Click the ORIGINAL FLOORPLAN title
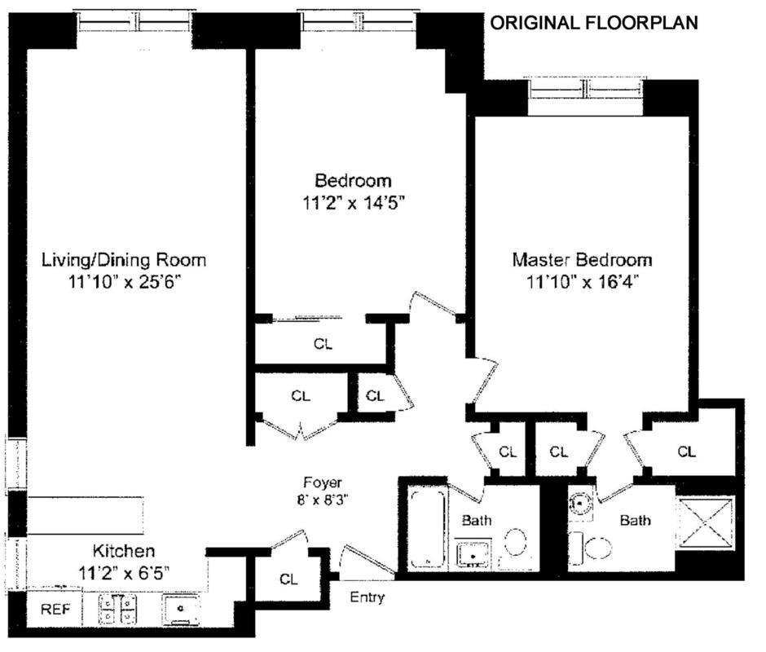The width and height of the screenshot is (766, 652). pyautogui.click(x=594, y=23)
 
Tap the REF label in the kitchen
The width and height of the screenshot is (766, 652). pyautogui.click(x=55, y=609)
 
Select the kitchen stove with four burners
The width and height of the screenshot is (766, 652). pyautogui.click(x=117, y=609)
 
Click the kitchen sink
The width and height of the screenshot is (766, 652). pyautogui.click(x=181, y=609)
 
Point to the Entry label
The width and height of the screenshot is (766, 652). pyautogui.click(x=367, y=597)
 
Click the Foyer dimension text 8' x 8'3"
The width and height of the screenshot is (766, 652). pyautogui.click(x=323, y=500)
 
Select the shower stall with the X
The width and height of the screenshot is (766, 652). pyautogui.click(x=706, y=522)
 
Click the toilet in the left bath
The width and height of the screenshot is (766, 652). pyautogui.click(x=515, y=544)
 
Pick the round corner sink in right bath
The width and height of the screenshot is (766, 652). pyautogui.click(x=580, y=502)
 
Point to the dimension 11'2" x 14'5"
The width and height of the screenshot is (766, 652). pyautogui.click(x=354, y=202)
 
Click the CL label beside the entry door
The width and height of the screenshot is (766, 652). pyautogui.click(x=288, y=579)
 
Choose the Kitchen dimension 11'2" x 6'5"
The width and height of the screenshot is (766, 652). pyautogui.click(x=124, y=572)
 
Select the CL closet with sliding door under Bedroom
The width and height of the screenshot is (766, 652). pyautogui.click(x=323, y=344)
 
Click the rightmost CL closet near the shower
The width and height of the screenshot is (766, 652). pyautogui.click(x=686, y=452)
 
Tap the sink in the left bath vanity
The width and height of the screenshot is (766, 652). pyautogui.click(x=473, y=555)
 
